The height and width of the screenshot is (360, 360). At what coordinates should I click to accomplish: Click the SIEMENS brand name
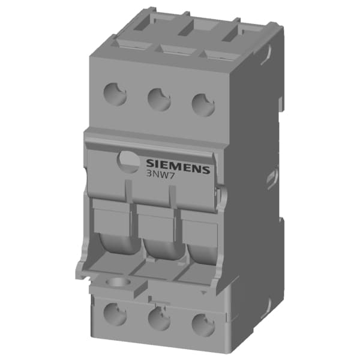tap(178, 167)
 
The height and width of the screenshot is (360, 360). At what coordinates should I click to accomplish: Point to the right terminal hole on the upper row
tap(203, 103)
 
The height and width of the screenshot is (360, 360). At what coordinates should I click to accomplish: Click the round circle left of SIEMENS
tap(129, 161)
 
